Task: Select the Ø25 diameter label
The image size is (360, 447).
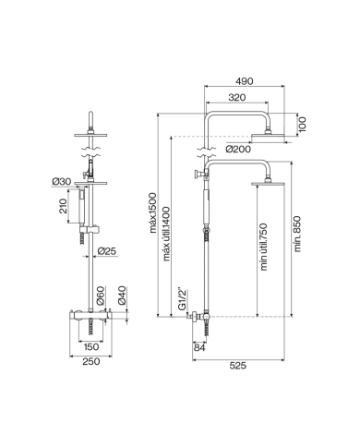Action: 106,250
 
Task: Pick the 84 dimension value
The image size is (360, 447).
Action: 200,347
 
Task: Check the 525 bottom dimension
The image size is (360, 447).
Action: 238,364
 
